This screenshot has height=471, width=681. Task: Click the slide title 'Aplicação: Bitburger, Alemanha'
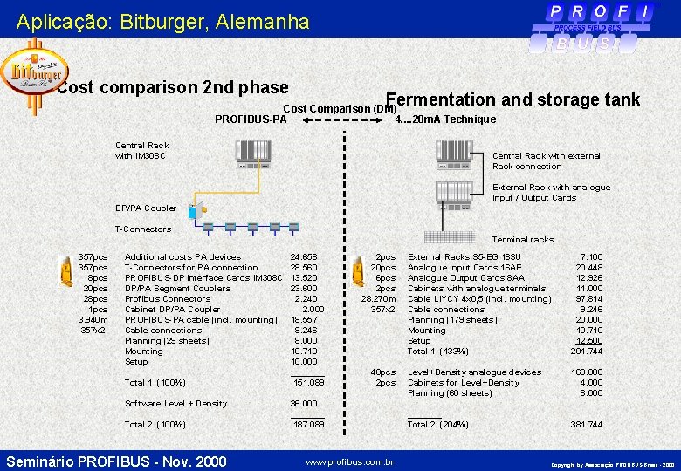click(x=162, y=21)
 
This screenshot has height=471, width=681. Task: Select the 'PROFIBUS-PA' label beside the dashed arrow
click(x=251, y=119)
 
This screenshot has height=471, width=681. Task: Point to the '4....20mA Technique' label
click(x=445, y=119)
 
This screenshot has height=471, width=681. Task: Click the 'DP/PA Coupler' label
click(x=147, y=208)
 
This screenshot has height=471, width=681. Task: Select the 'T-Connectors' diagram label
click(x=143, y=229)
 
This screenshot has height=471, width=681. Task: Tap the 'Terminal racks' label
click(x=522, y=240)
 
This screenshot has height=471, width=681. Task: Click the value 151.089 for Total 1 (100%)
click(x=308, y=383)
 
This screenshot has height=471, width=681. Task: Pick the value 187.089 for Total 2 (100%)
click(x=308, y=425)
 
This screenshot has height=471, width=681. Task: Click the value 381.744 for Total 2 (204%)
click(x=586, y=425)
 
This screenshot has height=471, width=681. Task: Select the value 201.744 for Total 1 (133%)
click(x=586, y=352)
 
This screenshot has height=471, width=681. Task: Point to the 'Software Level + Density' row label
click(x=175, y=404)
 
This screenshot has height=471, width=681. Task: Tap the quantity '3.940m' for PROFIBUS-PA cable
click(x=93, y=320)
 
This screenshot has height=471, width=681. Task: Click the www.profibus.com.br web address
click(x=350, y=461)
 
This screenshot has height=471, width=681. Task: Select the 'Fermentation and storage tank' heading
click(x=512, y=99)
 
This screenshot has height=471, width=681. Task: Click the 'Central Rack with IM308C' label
click(x=142, y=151)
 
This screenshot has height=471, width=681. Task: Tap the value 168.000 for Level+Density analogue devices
click(x=586, y=372)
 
